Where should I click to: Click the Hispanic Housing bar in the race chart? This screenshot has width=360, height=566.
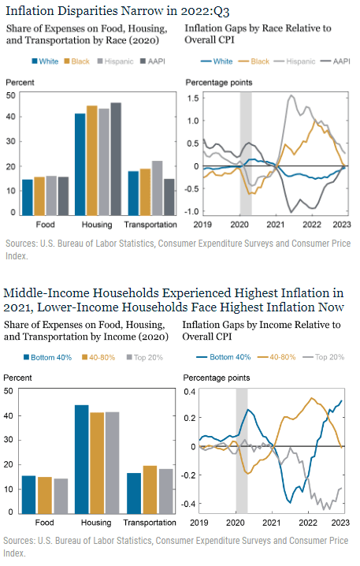pos(104,162)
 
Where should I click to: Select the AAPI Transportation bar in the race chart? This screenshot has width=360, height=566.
pos(169,197)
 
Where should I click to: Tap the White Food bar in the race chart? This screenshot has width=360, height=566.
pos(28,198)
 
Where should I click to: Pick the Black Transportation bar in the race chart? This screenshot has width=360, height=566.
pos(146,192)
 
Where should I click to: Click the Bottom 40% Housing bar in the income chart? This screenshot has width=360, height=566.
pos(81,460)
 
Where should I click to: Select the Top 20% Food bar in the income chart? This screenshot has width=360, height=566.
pos(61,497)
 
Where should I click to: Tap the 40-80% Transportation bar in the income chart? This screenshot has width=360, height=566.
pos(150,490)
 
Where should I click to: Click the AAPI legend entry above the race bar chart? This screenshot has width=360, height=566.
pos(153,61)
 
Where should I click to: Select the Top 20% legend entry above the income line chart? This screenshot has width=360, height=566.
pos(324,357)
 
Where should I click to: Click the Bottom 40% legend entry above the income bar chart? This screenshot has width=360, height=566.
pos(47,357)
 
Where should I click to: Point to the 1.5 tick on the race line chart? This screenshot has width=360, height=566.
pos(193,99)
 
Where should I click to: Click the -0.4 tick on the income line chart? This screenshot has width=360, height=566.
pos(190,504)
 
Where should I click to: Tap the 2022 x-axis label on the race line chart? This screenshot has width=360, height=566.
pos(312,225)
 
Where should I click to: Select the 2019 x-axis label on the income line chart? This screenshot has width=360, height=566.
pos(199,523)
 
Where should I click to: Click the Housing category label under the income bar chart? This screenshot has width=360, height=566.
pos(96,523)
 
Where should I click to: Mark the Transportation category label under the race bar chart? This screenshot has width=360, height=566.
pos(150,225)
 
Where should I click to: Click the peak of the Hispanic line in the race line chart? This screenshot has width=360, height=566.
pos(291,95)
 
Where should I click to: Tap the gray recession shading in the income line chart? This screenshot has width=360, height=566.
pos(242,450)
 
